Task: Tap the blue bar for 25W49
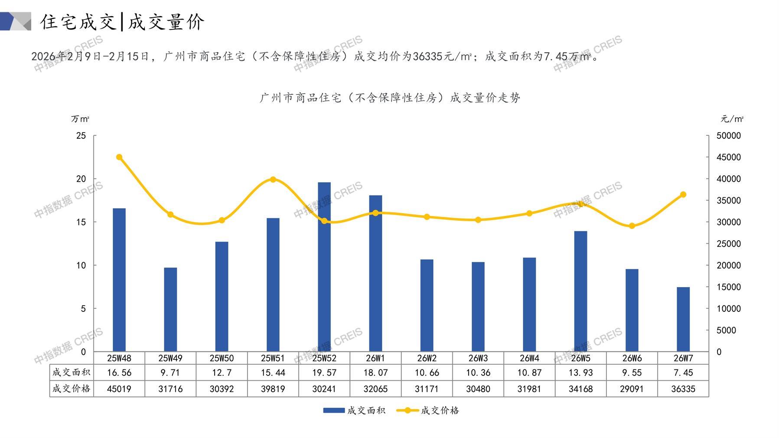(170, 310)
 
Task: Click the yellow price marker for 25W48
(119, 157)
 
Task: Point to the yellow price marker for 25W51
(273, 180)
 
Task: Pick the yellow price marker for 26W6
(632, 226)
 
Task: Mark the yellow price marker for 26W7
(683, 195)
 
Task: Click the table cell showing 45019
(119, 389)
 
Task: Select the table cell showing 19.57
(324, 373)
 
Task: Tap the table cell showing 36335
(683, 389)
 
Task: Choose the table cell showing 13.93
(580, 373)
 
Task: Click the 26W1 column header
(375, 358)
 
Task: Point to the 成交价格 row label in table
(72, 389)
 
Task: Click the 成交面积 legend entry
(354, 410)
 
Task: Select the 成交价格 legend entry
(428, 410)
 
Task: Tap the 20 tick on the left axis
(81, 179)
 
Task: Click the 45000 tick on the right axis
(728, 157)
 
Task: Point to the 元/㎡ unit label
(732, 119)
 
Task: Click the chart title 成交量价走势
(390, 98)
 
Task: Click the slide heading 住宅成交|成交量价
(122, 22)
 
